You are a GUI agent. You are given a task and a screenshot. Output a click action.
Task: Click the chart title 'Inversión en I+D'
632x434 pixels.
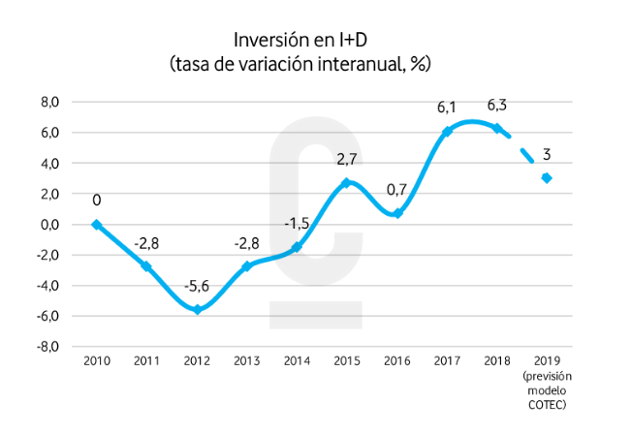(300, 41)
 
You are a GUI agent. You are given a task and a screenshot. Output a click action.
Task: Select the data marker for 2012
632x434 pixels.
(197, 310)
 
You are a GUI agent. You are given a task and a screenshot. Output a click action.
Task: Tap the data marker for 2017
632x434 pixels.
(447, 132)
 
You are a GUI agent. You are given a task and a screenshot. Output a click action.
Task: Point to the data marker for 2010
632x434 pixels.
(96, 224)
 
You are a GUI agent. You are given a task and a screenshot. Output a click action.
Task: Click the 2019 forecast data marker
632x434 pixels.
(547, 178)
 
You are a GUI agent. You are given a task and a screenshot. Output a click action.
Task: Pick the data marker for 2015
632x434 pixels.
(347, 183)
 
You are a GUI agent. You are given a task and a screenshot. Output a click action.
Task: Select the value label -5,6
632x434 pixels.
(197, 288)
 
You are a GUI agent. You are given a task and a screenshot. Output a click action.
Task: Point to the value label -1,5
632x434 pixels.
(298, 224)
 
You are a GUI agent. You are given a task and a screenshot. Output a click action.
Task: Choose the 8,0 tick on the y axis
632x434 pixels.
(48, 102)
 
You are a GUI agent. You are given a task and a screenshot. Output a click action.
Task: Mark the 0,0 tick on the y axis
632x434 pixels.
(48, 224)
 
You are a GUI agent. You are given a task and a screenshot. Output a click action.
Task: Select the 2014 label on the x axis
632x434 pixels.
(297, 361)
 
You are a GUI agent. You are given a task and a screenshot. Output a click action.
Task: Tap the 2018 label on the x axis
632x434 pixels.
(497, 361)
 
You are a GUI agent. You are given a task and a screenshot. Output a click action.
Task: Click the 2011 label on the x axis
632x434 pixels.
(146, 361)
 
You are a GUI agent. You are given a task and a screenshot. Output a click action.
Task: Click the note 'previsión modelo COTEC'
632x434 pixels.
(547, 388)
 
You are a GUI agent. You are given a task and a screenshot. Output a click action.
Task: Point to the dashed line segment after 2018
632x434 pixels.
(523, 152)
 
